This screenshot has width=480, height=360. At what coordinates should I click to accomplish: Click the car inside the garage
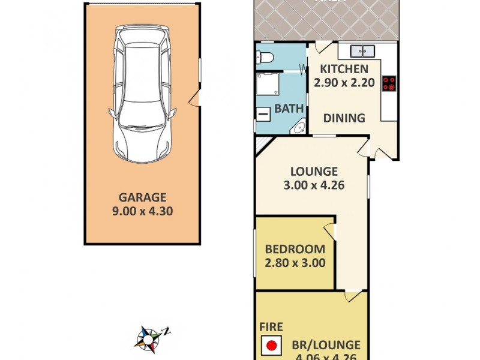pyautogui.click(x=142, y=96)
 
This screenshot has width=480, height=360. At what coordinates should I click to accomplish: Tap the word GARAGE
pyautogui.click(x=142, y=197)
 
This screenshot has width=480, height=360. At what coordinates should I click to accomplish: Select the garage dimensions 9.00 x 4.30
pyautogui.click(x=142, y=211)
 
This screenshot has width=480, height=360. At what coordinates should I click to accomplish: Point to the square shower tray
pyautogui.click(x=269, y=85)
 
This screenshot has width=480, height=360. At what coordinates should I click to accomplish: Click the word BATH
pyautogui.click(x=289, y=109)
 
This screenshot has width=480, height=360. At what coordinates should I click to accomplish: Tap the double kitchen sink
pyautogui.click(x=362, y=51)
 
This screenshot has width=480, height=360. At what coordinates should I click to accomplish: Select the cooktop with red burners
pyautogui.click(x=389, y=83)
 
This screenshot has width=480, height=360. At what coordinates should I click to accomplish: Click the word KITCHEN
pyautogui.click(x=344, y=69)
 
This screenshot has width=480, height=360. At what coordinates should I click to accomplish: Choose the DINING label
pyautogui.click(x=344, y=118)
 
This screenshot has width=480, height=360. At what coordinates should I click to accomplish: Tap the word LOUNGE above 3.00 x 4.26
pyautogui.click(x=311, y=171)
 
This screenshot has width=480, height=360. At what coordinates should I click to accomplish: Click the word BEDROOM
pyautogui.click(x=295, y=249)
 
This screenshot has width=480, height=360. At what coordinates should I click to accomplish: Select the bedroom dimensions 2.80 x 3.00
pyautogui.click(x=295, y=263)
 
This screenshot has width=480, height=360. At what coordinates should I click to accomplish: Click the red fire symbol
pyautogui.click(x=272, y=346)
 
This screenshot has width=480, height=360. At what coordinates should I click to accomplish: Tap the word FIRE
pyautogui.click(x=271, y=328)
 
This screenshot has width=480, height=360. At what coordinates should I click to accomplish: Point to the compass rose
pyautogui.click(x=148, y=338)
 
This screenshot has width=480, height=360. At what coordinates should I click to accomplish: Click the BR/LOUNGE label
pyautogui.click(x=326, y=345)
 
